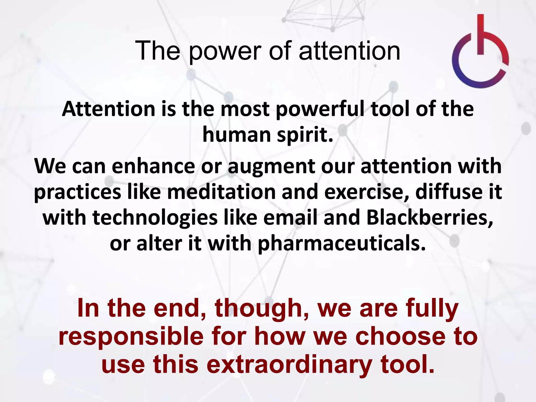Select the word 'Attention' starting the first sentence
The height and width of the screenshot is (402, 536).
click(109, 109)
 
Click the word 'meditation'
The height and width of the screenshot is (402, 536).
click(221, 192)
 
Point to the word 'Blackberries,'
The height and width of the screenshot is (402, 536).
click(429, 218)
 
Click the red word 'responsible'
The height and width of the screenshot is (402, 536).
click(131, 337)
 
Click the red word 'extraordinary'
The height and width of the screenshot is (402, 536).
click(289, 365)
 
